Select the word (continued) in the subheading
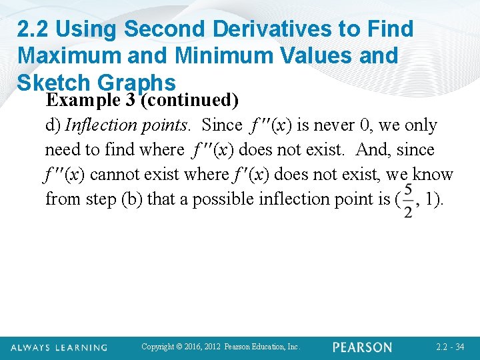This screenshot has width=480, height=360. click(x=189, y=101)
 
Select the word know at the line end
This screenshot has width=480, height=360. click(x=433, y=175)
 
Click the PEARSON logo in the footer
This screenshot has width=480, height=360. click(x=363, y=347)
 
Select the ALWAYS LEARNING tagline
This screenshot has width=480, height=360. click(x=59, y=347)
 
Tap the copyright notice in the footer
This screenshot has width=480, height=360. click(x=221, y=347)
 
